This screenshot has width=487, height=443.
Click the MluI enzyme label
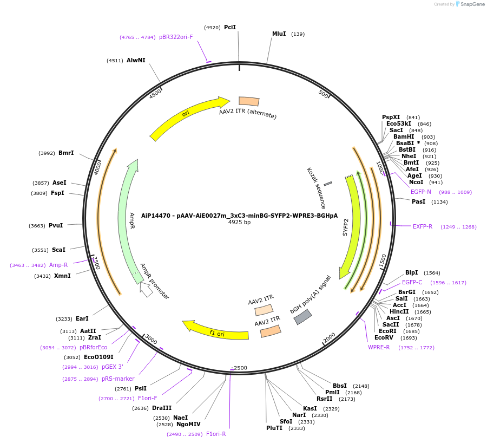point(279,34)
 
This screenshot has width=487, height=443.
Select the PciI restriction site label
point(230,27)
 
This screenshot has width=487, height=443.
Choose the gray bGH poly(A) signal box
point(302,317)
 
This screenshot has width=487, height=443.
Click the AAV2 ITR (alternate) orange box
point(249,101)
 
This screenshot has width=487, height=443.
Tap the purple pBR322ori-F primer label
point(176,37)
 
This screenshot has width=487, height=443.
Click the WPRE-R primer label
point(379,347)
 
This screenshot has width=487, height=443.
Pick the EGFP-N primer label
point(421,192)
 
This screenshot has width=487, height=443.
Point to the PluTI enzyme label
point(274,428)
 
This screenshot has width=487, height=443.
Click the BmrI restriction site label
point(66,153)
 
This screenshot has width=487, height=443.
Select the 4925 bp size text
point(239,222)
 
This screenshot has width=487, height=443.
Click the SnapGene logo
point(470,4)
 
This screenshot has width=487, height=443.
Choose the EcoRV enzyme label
point(385,337)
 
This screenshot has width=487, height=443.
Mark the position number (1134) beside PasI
point(439,202)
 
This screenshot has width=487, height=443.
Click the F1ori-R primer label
point(216,434)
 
